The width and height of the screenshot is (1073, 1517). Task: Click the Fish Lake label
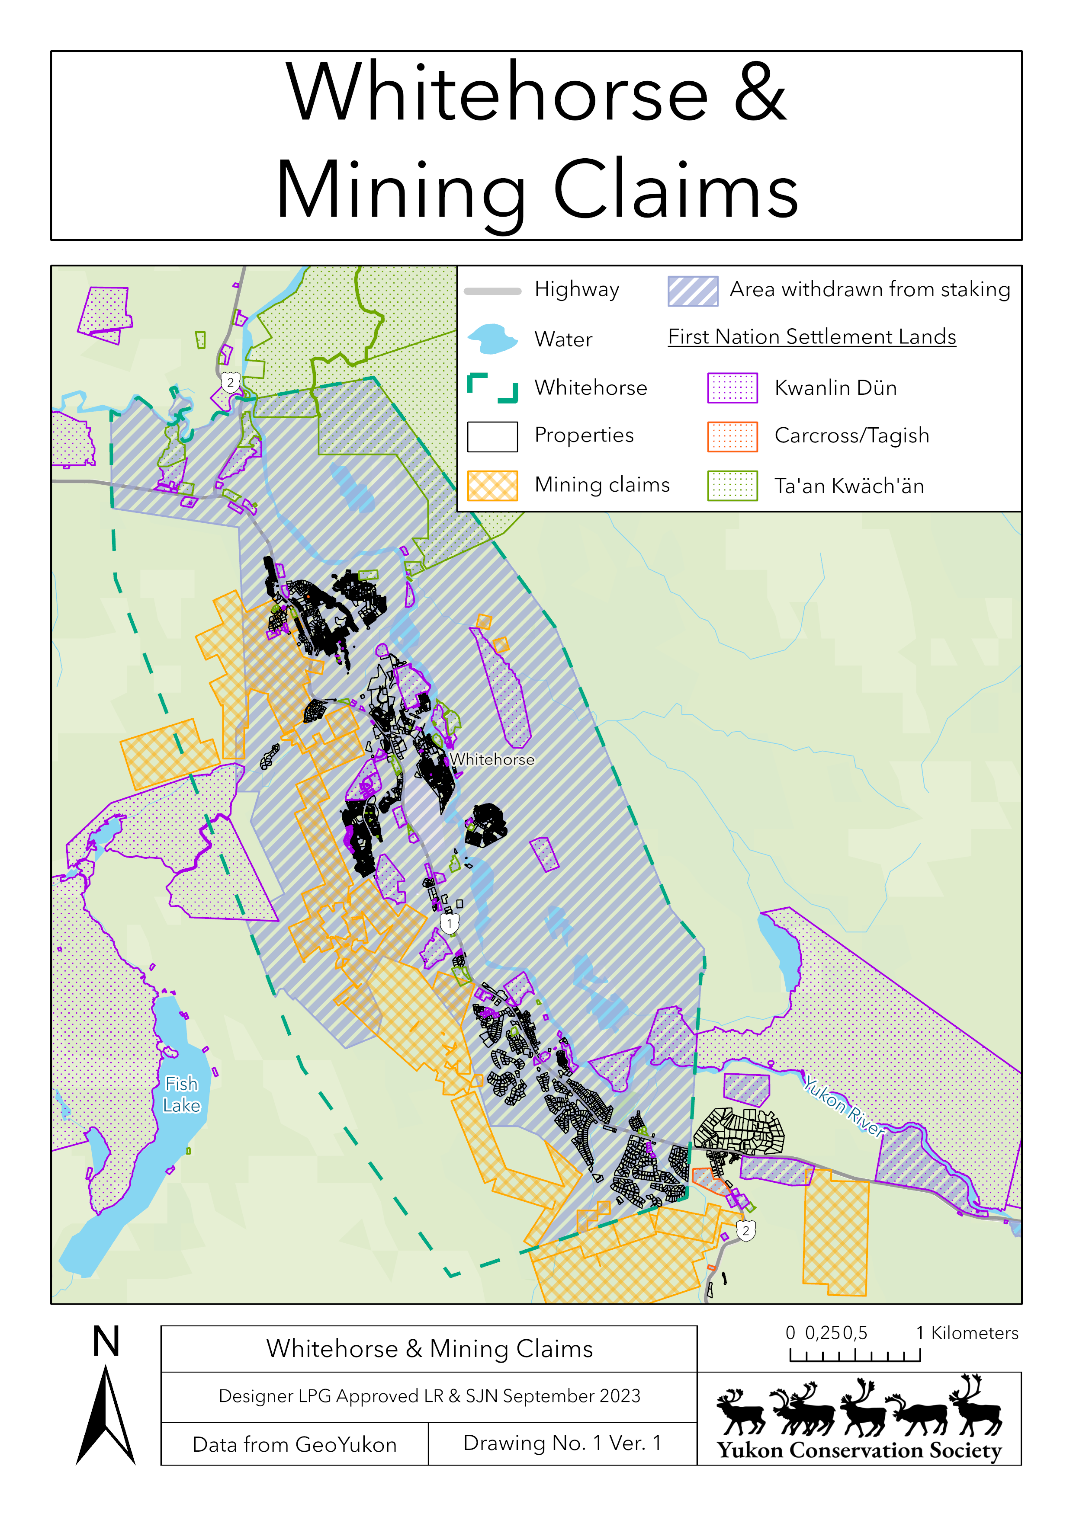tap(181, 1094)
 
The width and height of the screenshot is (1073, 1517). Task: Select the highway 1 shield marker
tap(450, 923)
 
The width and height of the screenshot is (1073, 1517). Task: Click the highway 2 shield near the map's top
tap(230, 382)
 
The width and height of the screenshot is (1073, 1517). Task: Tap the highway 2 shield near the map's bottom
tap(746, 1230)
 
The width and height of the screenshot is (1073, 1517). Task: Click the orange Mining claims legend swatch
tap(492, 486)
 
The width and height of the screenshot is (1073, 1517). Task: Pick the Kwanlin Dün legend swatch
tap(732, 388)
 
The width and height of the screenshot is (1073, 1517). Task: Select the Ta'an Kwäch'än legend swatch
tap(732, 486)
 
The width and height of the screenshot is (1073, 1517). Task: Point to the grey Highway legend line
tap(492, 291)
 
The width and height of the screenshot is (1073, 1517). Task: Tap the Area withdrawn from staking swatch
tap(692, 291)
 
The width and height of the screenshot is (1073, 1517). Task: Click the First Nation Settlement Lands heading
tap(811, 337)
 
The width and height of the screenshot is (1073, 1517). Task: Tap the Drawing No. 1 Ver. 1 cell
tap(562, 1443)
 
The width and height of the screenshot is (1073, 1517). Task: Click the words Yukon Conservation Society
tap(859, 1450)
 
